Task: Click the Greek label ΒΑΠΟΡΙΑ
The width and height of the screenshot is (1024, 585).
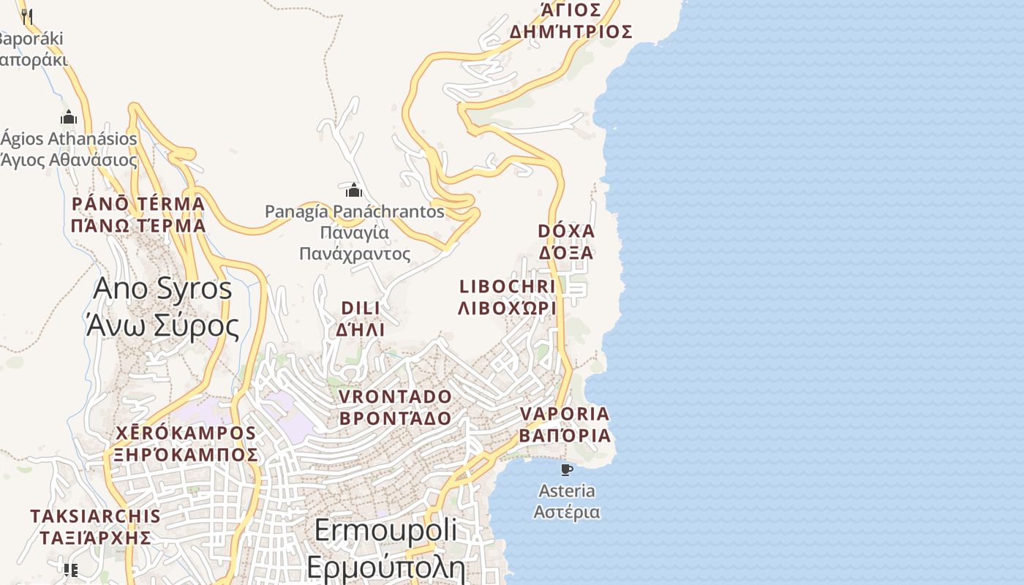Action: tap(565, 436)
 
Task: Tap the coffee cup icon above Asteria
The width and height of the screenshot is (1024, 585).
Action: tap(566, 469)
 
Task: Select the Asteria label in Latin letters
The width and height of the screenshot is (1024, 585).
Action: tap(566, 491)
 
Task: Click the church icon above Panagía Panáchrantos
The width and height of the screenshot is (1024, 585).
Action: tap(354, 191)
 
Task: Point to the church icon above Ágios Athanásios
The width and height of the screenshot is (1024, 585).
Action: tap(69, 117)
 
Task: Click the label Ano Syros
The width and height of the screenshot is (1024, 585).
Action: tap(162, 289)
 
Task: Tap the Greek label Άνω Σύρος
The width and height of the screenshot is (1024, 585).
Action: tap(162, 326)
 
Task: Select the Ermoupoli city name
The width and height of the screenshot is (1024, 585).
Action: tap(385, 530)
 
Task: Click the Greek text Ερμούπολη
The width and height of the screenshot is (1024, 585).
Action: tap(385, 567)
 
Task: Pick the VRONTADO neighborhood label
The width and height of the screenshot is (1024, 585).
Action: tap(396, 397)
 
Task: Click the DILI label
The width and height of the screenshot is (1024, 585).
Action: tap(361, 308)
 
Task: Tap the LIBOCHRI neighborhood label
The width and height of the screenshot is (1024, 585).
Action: tap(507, 287)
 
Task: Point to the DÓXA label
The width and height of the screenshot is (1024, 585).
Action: tap(566, 231)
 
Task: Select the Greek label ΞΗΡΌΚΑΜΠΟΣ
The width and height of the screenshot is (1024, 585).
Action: tap(186, 455)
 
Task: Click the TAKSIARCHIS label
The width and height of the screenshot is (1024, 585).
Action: tap(95, 516)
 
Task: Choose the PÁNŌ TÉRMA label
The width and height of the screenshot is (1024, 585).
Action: tap(138, 203)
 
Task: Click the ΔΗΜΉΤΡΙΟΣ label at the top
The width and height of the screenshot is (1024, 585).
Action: tap(571, 32)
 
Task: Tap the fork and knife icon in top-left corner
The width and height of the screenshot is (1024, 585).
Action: tap(27, 15)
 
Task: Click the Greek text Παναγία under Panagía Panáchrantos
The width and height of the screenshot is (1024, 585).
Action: tap(355, 233)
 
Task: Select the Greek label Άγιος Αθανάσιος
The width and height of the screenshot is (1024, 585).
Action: tap(69, 159)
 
